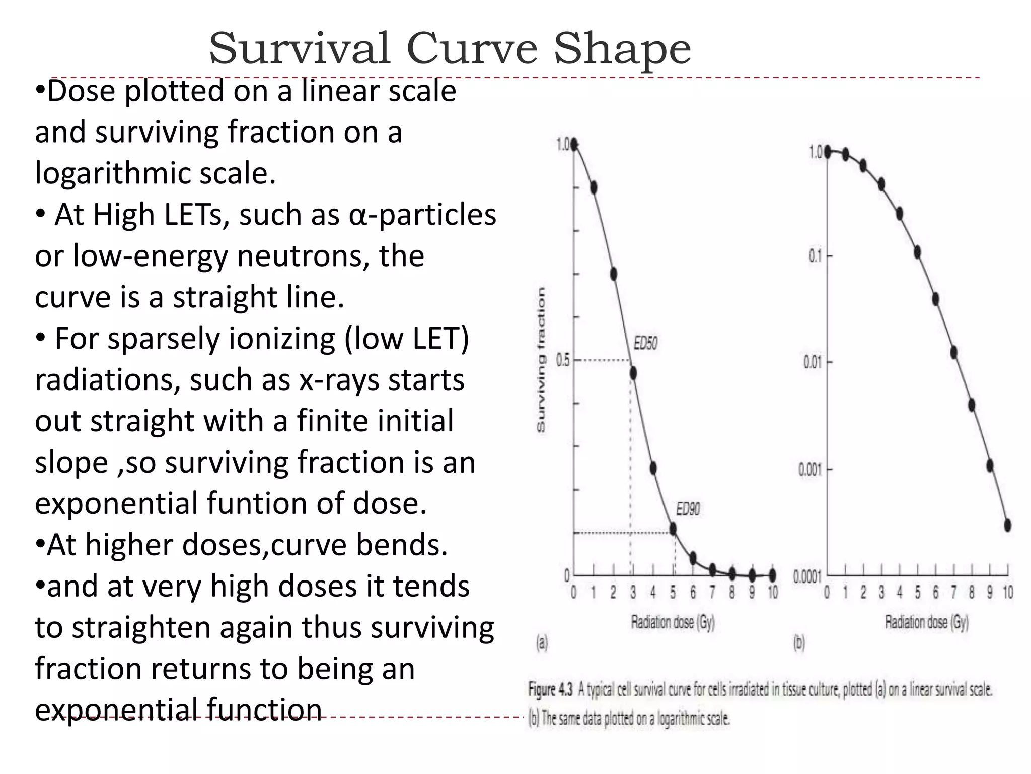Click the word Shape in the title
622,49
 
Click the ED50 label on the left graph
645,344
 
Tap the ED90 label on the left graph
688,509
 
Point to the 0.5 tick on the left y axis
563,361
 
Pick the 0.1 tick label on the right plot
815,256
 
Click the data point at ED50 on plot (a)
633,373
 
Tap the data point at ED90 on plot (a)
673,529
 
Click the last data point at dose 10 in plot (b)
1007,525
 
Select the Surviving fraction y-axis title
541,360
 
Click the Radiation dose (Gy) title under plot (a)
673,623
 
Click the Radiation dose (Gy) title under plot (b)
926,623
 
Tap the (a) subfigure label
542,643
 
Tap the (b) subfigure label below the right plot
799,643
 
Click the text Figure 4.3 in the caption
550,689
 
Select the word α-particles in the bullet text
422,215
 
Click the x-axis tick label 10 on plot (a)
773,593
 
